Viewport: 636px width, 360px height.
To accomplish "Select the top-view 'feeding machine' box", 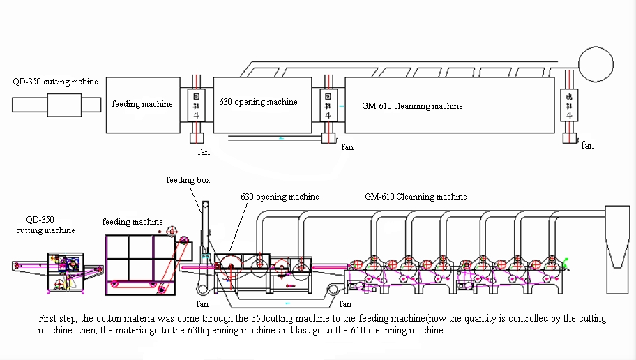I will coord(143,104).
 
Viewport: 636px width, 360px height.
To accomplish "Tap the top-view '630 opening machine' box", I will coord(262,104).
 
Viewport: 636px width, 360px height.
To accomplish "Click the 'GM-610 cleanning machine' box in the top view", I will coord(449,105).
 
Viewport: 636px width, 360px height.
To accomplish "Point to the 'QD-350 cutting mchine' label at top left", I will coord(55,82).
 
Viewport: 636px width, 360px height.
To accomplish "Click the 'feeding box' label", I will coord(188,180).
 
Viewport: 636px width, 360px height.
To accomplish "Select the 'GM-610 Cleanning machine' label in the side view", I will coord(416,197).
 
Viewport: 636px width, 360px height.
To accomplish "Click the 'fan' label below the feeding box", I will coord(202,304).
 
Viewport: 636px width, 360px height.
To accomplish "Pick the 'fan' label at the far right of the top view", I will coord(588,146).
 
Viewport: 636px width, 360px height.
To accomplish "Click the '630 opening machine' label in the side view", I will coord(280,197).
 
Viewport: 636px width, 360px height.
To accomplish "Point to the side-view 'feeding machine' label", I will coord(132,222).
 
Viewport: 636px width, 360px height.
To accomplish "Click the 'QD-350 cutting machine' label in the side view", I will coord(46,224).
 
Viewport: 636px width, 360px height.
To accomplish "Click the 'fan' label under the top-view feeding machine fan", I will coord(203,151).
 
